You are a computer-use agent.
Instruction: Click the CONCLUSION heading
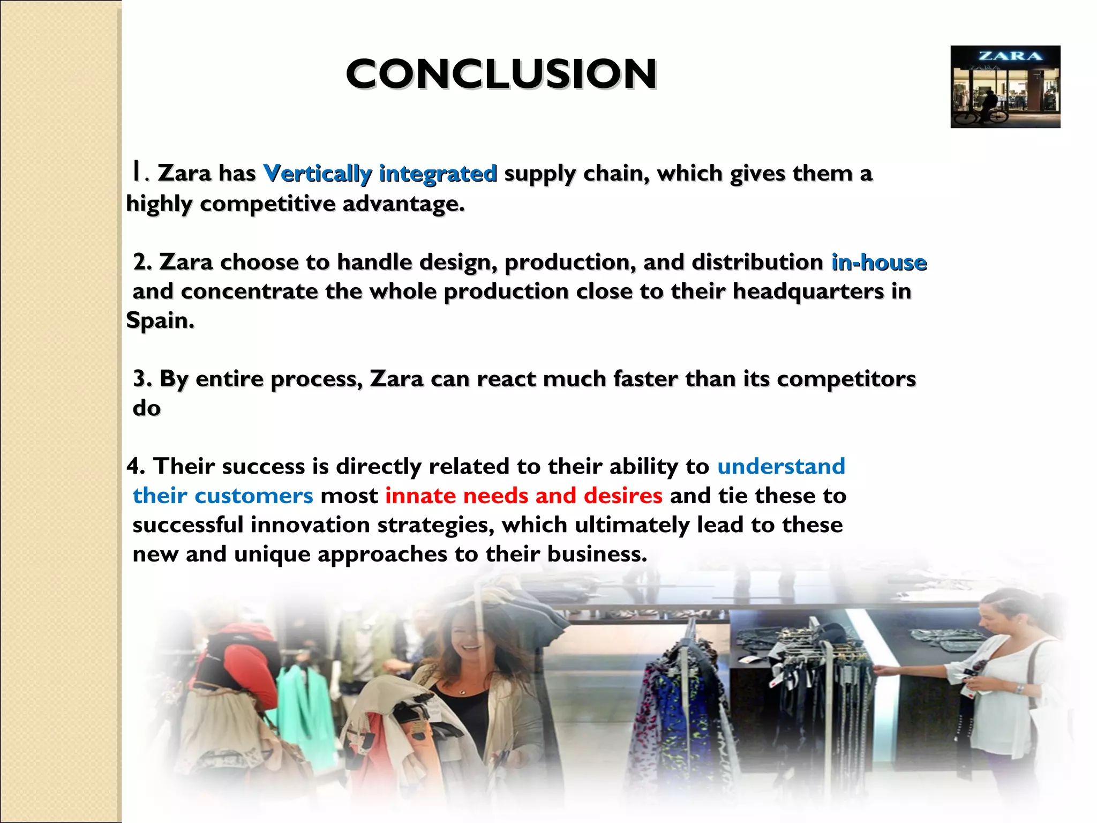pyautogui.click(x=501, y=74)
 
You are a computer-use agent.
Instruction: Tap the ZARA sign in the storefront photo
pyautogui.click(x=1010, y=56)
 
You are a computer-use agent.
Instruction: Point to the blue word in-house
pyautogui.click(x=878, y=263)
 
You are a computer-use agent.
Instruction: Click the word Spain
pyautogui.click(x=159, y=320)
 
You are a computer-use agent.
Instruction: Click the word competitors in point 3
pyautogui.click(x=846, y=379)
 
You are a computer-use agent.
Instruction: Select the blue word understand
pyautogui.click(x=781, y=466)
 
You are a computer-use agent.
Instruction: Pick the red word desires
pyautogui.click(x=623, y=496)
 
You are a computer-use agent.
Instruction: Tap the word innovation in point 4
pyautogui.click(x=310, y=525)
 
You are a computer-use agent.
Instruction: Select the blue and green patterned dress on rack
pyautogui.click(x=675, y=713)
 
